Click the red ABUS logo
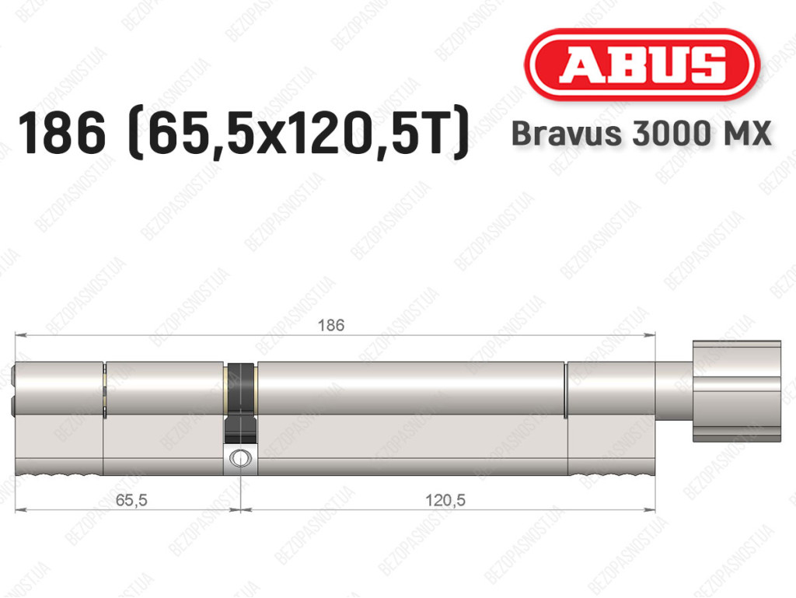pos(641,65)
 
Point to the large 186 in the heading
pos(62,133)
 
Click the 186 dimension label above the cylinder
pos(331,325)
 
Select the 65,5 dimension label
pos(131,500)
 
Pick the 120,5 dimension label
pos(445,500)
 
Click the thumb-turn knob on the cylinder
pos(737,391)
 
